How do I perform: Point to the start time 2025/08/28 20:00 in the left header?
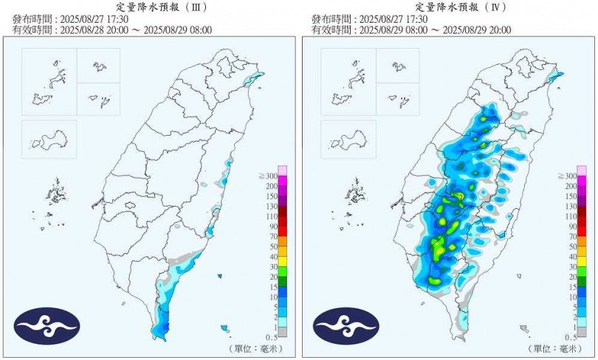[x=97, y=30]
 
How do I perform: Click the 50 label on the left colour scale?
[x=271, y=246]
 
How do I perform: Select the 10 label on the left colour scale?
[x=271, y=297]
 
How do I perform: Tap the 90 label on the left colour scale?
[x=271, y=226]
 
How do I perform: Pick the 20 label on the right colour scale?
[x=570, y=277]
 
